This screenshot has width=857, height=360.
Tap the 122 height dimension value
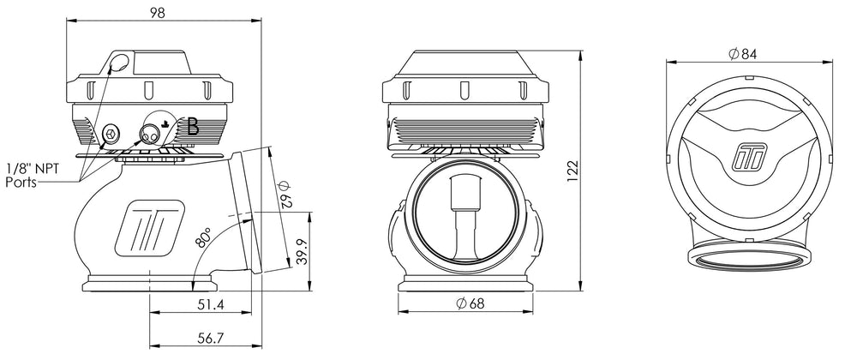(572, 171)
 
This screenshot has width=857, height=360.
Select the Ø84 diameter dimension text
(743, 53)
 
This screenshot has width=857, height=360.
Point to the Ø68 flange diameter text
(470, 303)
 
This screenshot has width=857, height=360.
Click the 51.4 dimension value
(211, 305)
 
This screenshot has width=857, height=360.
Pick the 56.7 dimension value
(211, 339)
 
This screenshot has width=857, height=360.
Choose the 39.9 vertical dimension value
(301, 252)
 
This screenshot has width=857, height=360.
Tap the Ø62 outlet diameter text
(285, 194)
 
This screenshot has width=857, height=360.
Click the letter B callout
(192, 127)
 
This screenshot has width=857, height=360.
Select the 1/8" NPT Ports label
(31, 175)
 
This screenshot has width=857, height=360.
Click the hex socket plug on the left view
(111, 132)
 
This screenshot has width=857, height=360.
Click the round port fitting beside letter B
(149, 132)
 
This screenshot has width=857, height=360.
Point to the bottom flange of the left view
(148, 285)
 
